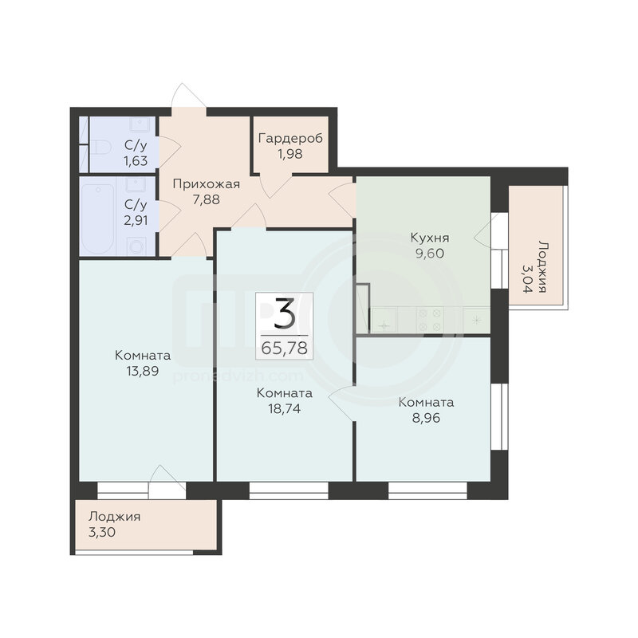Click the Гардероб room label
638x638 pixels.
[x=290, y=139]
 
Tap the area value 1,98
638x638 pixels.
[x=290, y=154]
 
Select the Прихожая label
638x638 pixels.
[x=207, y=184]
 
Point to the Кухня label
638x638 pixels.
[x=430, y=238]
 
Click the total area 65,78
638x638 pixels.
[x=285, y=349]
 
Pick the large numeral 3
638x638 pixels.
[x=285, y=313]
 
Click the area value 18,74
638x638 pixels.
[x=285, y=408]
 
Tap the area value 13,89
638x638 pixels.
[x=143, y=371]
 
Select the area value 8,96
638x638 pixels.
[x=426, y=418]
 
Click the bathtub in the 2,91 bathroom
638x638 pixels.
[x=98, y=219]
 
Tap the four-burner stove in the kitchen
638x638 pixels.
[x=430, y=320]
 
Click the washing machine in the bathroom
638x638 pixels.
[x=136, y=246]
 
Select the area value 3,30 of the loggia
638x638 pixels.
[x=102, y=532]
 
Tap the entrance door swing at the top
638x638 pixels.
[x=188, y=96]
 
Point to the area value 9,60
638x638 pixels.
[x=430, y=254]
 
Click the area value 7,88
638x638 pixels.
[x=207, y=200]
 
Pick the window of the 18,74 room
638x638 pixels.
[x=289, y=490]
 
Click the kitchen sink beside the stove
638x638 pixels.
[x=384, y=320]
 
